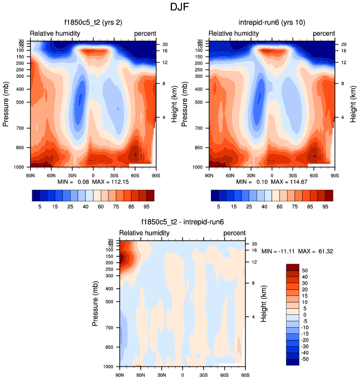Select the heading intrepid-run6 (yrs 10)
tap(272, 23)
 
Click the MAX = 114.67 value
tap(291, 182)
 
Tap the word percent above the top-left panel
tap(145, 33)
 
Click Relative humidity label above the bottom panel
tap(144, 233)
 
